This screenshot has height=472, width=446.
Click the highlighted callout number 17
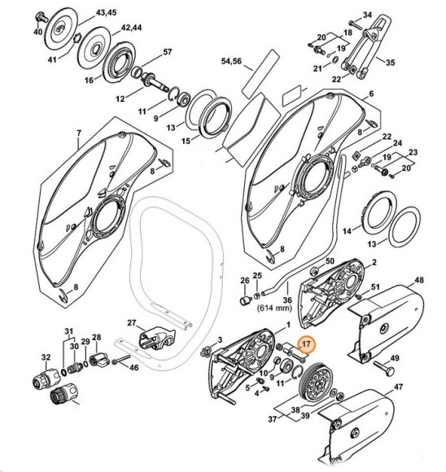pos(305,344)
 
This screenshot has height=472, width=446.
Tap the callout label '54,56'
pos(233,61)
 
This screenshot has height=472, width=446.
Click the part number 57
pos(168,53)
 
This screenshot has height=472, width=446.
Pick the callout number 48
pos(419,280)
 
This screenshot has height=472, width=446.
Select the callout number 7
pos(78,133)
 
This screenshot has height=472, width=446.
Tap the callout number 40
pos(37,32)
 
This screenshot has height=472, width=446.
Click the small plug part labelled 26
pos(243,301)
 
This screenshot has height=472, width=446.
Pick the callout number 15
pos(186,140)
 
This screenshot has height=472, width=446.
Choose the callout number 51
pos(376,287)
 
